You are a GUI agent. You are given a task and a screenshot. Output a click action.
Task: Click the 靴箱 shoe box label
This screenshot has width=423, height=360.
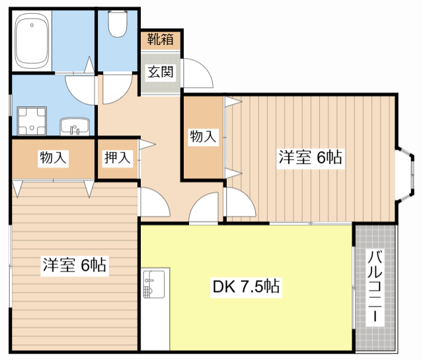[x=161, y=39]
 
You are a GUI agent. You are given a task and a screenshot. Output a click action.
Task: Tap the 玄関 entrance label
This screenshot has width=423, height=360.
[x=161, y=72]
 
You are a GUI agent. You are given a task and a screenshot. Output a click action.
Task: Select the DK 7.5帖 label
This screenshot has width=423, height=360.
[x=245, y=287]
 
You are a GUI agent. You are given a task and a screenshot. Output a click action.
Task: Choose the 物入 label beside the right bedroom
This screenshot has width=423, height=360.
[x=203, y=137]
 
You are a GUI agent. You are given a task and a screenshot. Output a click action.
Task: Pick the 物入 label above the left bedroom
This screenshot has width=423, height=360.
[x=53, y=158]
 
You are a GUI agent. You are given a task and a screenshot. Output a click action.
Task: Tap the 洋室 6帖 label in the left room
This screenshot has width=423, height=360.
[x=75, y=266]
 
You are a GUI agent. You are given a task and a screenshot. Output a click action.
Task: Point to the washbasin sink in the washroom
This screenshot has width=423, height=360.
[x=74, y=126]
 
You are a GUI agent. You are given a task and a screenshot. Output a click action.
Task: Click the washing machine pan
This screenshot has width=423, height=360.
[x=30, y=121]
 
